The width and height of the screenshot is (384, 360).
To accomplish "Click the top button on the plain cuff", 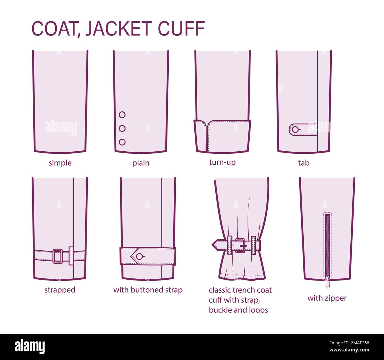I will (122, 115).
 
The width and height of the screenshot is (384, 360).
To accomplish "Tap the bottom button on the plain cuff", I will (122, 142).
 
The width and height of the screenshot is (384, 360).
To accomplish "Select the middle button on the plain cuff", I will (122, 128).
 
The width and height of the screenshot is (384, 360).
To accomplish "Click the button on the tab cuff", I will (295, 129).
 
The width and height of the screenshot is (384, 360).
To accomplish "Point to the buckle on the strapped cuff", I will (58, 256).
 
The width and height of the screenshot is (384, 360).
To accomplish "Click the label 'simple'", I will (60, 163).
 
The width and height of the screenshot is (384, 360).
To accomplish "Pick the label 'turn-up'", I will (222, 162).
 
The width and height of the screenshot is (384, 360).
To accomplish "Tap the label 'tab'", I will (303, 163).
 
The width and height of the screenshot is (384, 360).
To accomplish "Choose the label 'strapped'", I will (60, 290).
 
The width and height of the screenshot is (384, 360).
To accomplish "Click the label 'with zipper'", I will (327, 298).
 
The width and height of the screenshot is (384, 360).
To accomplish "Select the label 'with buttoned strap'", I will (148, 290).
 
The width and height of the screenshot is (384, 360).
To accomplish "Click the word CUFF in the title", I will (181, 29).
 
